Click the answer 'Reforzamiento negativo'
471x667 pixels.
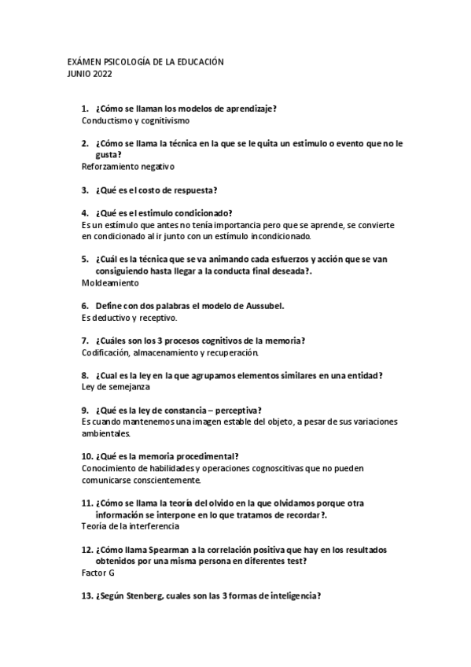click(x=127, y=167)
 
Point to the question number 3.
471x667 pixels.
click(x=84, y=190)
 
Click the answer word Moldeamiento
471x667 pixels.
click(x=110, y=282)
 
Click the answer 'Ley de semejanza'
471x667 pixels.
click(x=116, y=387)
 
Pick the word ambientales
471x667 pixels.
click(x=106, y=433)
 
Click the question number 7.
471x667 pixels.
click(x=84, y=340)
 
